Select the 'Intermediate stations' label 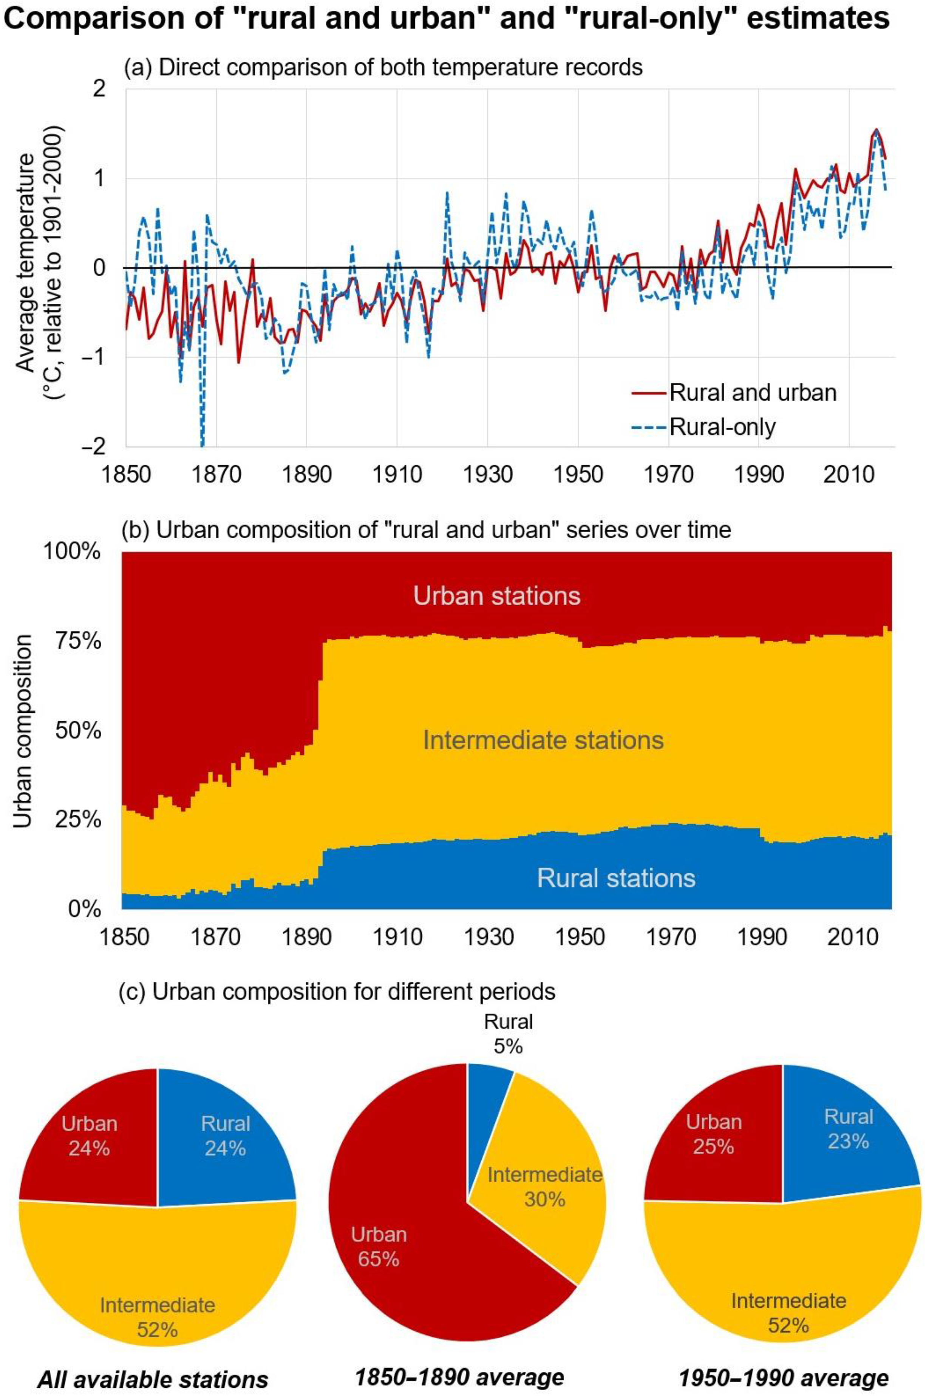543,740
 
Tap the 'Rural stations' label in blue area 616,878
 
